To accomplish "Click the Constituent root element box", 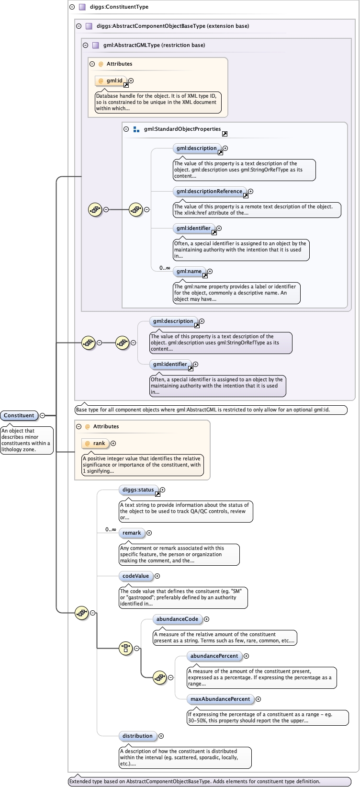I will coord(19,415).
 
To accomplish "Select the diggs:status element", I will coord(138,490).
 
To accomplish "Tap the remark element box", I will coord(132,533).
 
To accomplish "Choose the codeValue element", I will coord(135,576).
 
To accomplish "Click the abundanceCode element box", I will coord(177,619).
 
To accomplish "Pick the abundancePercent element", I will coord(214,656).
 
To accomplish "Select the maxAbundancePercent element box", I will coord(220,699).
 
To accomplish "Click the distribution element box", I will coord(137,736).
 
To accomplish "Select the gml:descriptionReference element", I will coord(209,191).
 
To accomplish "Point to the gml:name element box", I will coord(189,271).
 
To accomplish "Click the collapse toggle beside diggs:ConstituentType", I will coord(72,7).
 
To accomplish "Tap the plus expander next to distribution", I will coord(161,736).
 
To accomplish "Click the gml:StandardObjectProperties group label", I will coord(182,129).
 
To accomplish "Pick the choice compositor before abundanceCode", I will coord(125,648).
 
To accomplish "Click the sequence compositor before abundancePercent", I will coord(159,677).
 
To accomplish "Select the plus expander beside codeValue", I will coord(157,576).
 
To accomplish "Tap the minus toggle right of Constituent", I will coord(42,415).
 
